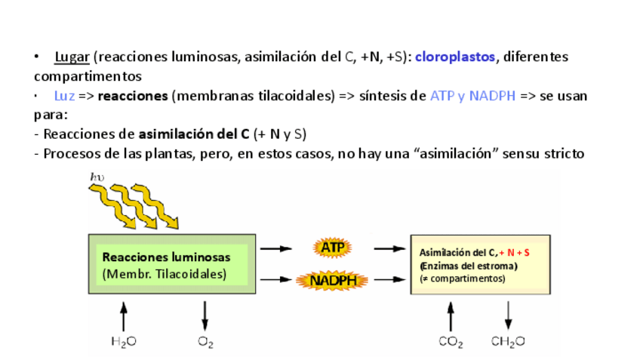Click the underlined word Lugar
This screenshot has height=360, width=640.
pyautogui.click(x=72, y=57)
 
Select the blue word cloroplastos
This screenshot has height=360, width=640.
pyautogui.click(x=455, y=57)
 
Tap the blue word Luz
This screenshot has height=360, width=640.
pyautogui.click(x=63, y=97)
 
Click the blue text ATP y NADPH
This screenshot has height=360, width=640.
pyautogui.click(x=472, y=97)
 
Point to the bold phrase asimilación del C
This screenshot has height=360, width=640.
pyautogui.click(x=194, y=135)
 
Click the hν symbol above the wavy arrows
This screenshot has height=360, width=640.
pyautogui.click(x=97, y=177)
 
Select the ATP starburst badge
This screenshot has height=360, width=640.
pyautogui.click(x=332, y=248)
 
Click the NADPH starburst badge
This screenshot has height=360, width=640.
pyautogui.click(x=332, y=281)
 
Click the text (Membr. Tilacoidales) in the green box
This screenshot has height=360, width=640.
pyautogui.click(x=164, y=274)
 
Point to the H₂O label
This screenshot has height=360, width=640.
pyautogui.click(x=124, y=342)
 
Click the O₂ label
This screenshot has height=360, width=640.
pyautogui.click(x=205, y=342)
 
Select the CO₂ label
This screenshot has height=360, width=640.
pyautogui.click(x=451, y=342)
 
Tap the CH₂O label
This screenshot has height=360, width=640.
pyautogui.click(x=508, y=342)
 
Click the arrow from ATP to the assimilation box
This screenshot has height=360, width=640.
pyautogui.click(x=389, y=248)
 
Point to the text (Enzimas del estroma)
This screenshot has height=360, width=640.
pyautogui.click(x=469, y=266)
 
